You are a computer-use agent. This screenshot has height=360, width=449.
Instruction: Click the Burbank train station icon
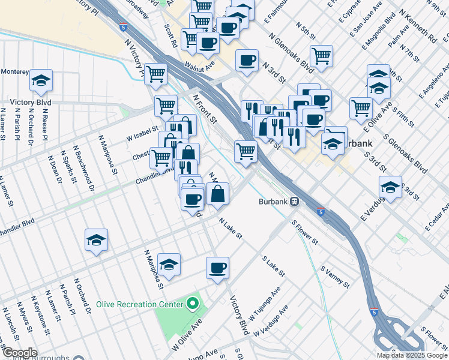pos(295,202)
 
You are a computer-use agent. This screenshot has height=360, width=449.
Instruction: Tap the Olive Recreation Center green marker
pos(192,304)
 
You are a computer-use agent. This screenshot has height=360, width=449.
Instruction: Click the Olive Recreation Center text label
pos(139,304)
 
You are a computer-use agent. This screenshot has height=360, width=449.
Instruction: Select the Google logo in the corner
pos(19,353)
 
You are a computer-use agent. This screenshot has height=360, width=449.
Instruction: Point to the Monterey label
pos(14,71)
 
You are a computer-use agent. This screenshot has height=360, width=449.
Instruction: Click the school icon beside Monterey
pos(41,80)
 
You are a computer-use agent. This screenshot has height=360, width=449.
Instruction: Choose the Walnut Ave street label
pos(200,65)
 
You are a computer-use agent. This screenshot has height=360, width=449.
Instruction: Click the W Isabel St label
pos(142,133)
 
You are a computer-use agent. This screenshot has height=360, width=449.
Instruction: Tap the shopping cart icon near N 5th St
pos(322,56)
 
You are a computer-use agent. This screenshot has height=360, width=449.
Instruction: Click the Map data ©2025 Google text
pos(412,355)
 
